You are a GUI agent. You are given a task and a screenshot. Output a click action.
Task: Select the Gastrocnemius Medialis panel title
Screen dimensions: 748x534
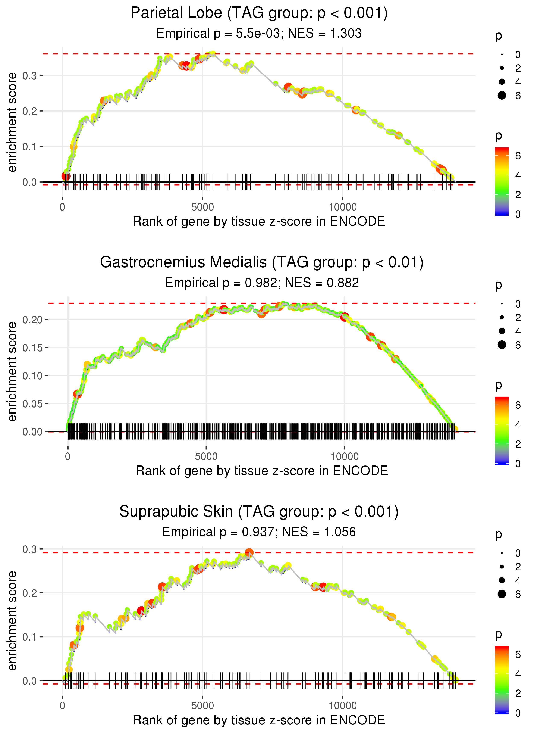262,262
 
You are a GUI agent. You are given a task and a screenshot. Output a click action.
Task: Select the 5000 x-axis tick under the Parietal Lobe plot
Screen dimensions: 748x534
202,207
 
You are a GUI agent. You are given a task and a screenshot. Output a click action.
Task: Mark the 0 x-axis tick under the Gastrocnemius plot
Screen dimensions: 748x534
68,456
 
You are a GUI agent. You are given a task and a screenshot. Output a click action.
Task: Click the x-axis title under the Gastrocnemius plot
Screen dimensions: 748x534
262,471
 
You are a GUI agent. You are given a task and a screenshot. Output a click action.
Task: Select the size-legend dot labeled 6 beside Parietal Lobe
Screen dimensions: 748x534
502,95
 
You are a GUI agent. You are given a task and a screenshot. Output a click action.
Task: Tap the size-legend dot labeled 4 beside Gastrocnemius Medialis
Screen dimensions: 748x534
502,331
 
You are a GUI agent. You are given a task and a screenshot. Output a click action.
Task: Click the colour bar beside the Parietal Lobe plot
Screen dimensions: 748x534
502,181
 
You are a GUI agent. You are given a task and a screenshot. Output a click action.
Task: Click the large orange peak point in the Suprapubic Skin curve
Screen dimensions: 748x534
249,552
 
